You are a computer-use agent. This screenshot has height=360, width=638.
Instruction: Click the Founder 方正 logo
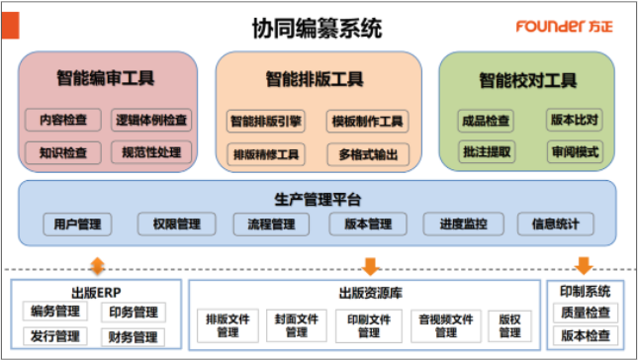(x=564, y=27)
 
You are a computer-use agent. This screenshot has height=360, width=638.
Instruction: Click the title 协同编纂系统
(x=317, y=28)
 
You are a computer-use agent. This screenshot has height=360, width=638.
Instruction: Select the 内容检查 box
(x=63, y=120)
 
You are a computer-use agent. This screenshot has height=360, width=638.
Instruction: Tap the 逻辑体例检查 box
(x=151, y=120)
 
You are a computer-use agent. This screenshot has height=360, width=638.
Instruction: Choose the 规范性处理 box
(x=151, y=152)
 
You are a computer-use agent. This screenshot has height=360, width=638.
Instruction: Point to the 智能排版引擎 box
(x=266, y=122)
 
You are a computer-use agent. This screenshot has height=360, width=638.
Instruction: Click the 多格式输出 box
(x=368, y=154)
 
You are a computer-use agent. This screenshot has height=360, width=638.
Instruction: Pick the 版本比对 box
(x=575, y=120)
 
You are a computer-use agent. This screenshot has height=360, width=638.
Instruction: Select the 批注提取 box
(x=487, y=151)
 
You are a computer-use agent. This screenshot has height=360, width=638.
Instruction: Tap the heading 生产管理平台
(x=318, y=200)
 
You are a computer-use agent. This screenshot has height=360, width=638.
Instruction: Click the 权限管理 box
(x=177, y=225)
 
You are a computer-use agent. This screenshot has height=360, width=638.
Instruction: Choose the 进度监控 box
(x=464, y=225)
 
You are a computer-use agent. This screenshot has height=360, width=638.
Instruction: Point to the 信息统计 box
(x=555, y=225)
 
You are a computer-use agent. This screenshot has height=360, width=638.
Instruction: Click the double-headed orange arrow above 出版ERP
(x=97, y=266)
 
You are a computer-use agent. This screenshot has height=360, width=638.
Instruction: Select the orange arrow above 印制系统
(x=584, y=266)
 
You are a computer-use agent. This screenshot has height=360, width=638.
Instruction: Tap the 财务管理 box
(x=134, y=337)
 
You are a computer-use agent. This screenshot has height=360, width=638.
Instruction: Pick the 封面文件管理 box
(x=296, y=325)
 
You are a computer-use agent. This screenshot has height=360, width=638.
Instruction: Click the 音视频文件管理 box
(x=446, y=325)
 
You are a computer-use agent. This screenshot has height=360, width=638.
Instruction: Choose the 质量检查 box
(x=586, y=313)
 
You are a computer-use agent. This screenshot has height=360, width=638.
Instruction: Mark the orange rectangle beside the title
(x=11, y=26)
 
